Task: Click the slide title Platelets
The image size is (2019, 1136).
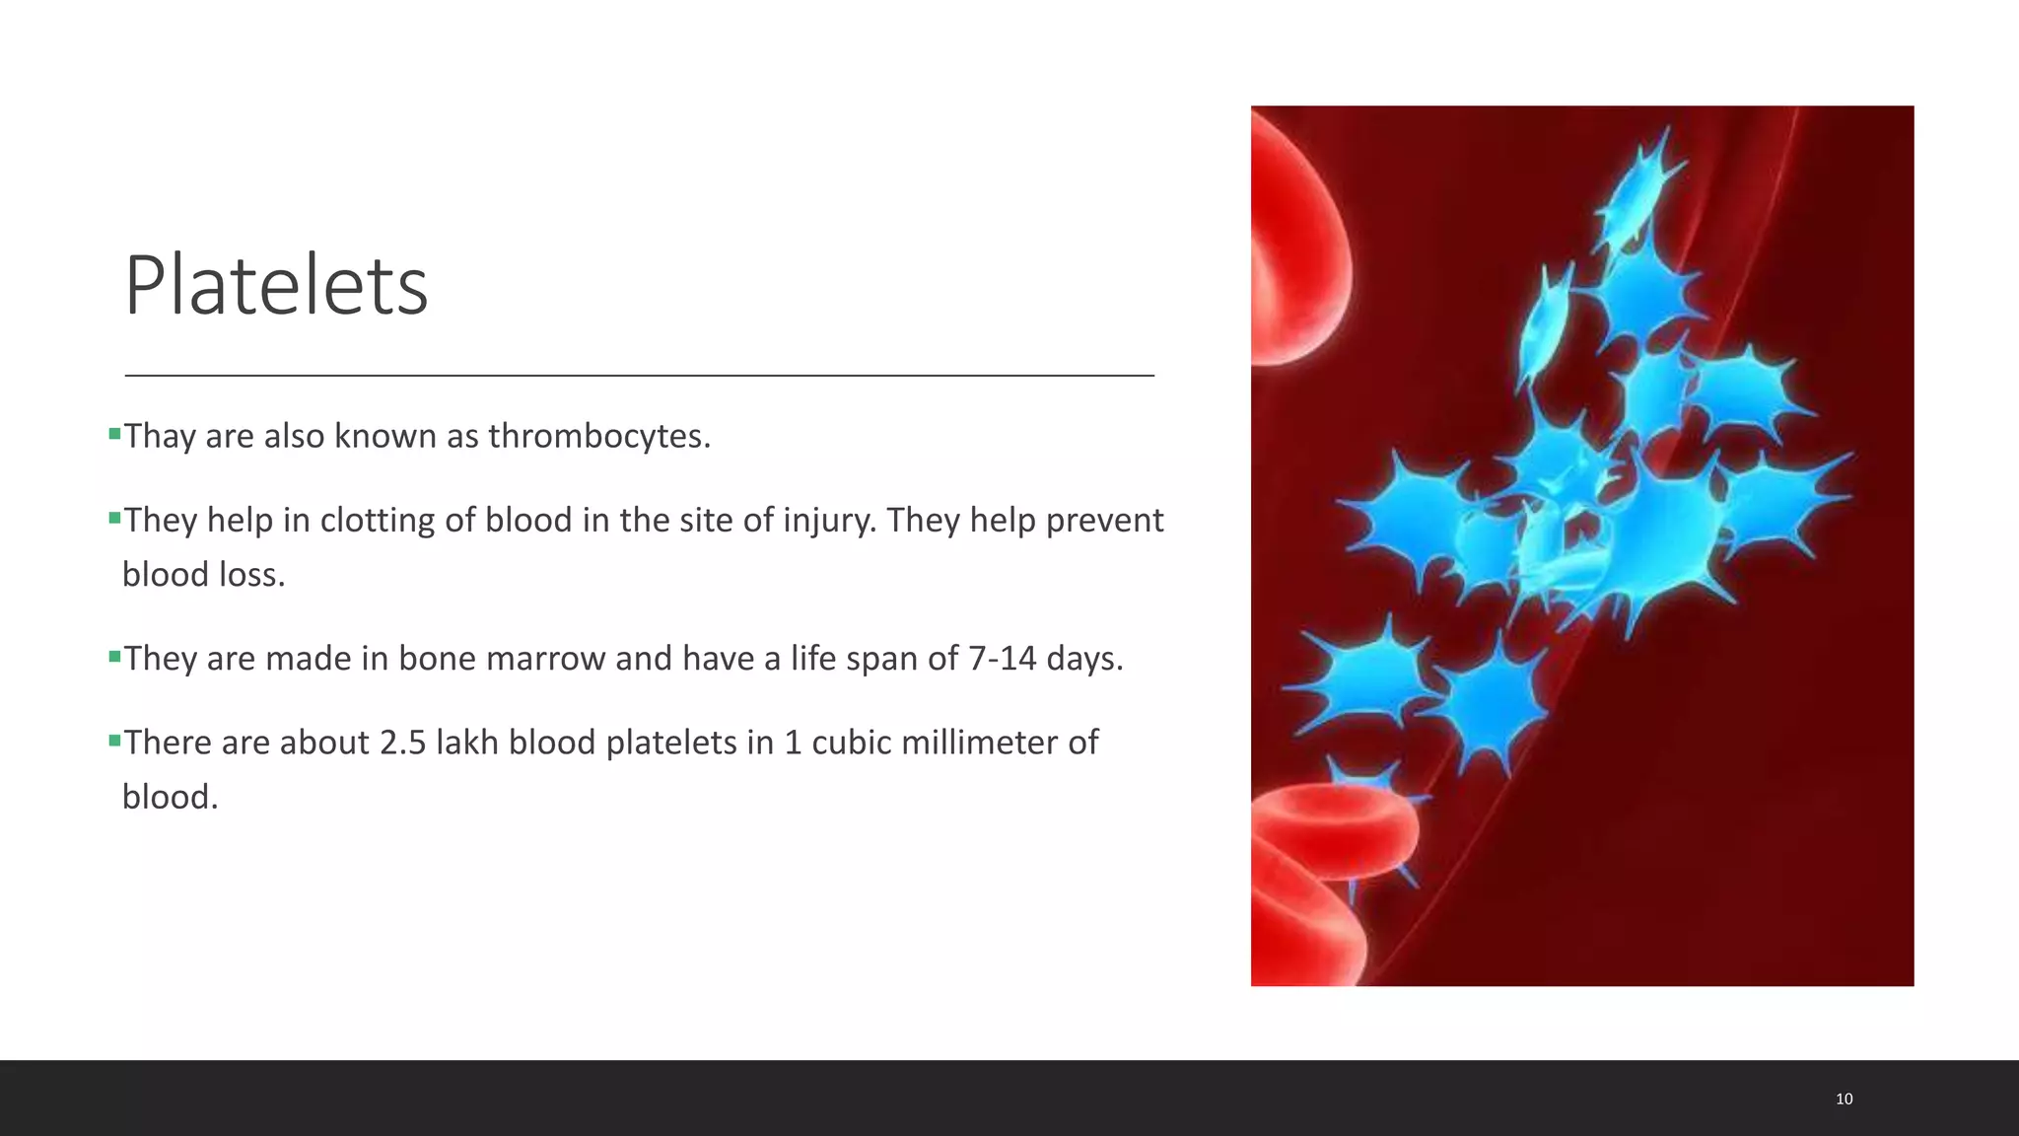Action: point(276,286)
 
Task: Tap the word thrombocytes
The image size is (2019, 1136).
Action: point(598,436)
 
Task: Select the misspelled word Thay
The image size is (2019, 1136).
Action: point(159,436)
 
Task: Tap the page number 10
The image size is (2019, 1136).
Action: point(1844,1099)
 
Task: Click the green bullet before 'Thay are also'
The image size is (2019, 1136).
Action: point(114,433)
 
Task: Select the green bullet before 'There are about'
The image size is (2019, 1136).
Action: point(114,739)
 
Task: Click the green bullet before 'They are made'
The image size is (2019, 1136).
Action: point(114,655)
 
